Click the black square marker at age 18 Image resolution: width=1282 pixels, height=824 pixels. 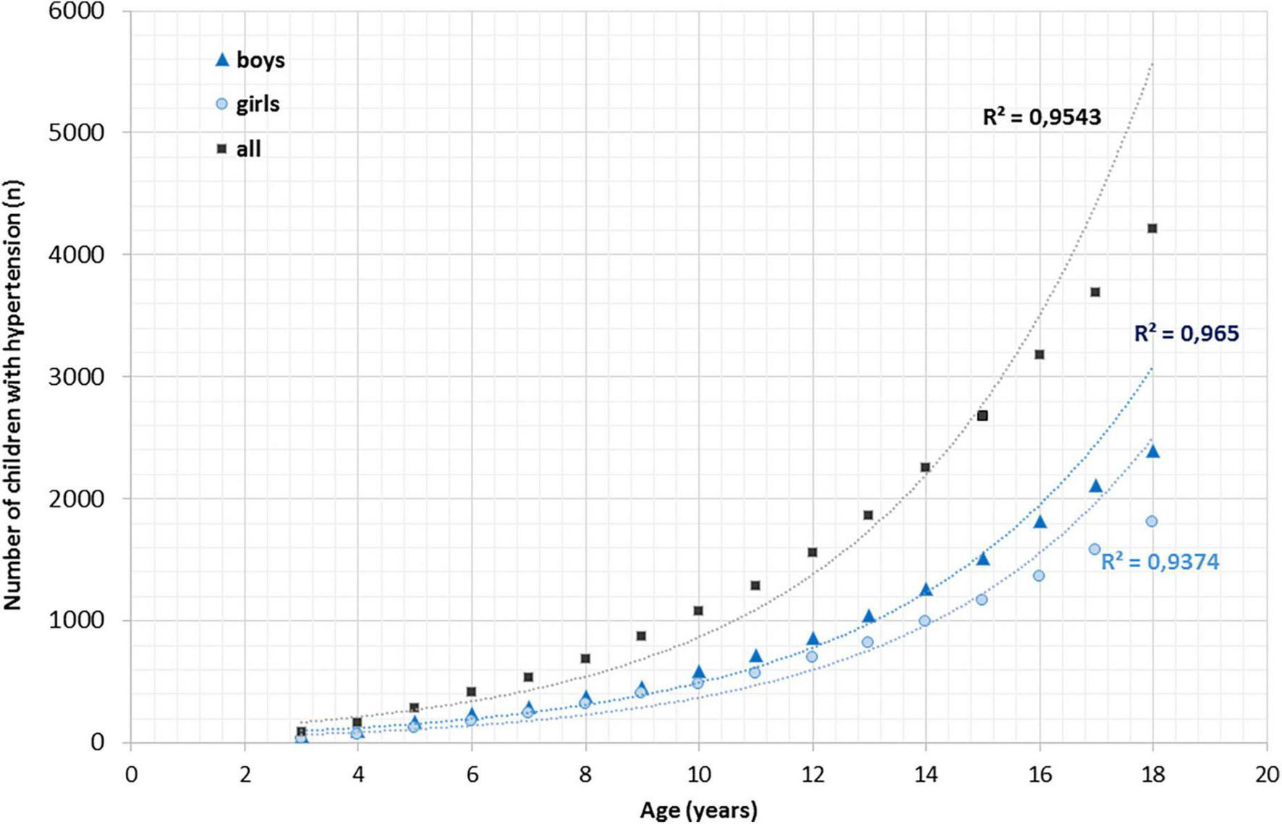(x=1152, y=229)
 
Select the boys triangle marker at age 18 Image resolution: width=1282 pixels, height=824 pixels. (x=1153, y=452)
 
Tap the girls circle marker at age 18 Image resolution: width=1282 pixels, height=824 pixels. (x=1152, y=521)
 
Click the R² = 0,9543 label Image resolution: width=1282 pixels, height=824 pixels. (x=1041, y=117)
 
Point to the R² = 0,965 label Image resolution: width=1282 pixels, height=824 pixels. (x=1186, y=334)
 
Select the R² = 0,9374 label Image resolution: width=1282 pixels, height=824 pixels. (x=1160, y=561)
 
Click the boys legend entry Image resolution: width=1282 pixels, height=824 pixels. (x=250, y=60)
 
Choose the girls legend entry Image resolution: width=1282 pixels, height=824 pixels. (x=248, y=104)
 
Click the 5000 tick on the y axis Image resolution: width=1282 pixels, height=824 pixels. (x=76, y=132)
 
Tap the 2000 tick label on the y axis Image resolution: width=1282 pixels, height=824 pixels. (x=76, y=498)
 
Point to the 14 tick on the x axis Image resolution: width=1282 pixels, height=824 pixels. (x=925, y=774)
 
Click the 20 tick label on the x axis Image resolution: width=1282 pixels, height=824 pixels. (x=1267, y=774)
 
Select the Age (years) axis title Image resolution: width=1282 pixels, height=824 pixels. (x=698, y=810)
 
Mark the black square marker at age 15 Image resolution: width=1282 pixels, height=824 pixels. (x=982, y=416)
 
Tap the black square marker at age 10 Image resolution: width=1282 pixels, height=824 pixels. (x=698, y=611)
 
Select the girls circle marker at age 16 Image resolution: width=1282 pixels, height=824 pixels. (x=1039, y=576)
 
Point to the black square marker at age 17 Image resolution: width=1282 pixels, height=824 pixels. (x=1095, y=292)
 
